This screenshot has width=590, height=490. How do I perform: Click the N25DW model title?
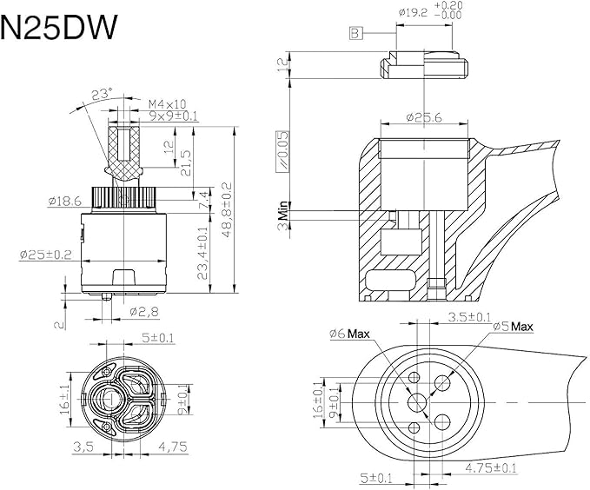59,29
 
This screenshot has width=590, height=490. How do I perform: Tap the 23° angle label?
103,92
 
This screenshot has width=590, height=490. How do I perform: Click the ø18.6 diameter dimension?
65,201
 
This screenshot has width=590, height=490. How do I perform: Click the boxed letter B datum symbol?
355,33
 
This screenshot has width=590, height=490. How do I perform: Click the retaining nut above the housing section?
424,68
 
